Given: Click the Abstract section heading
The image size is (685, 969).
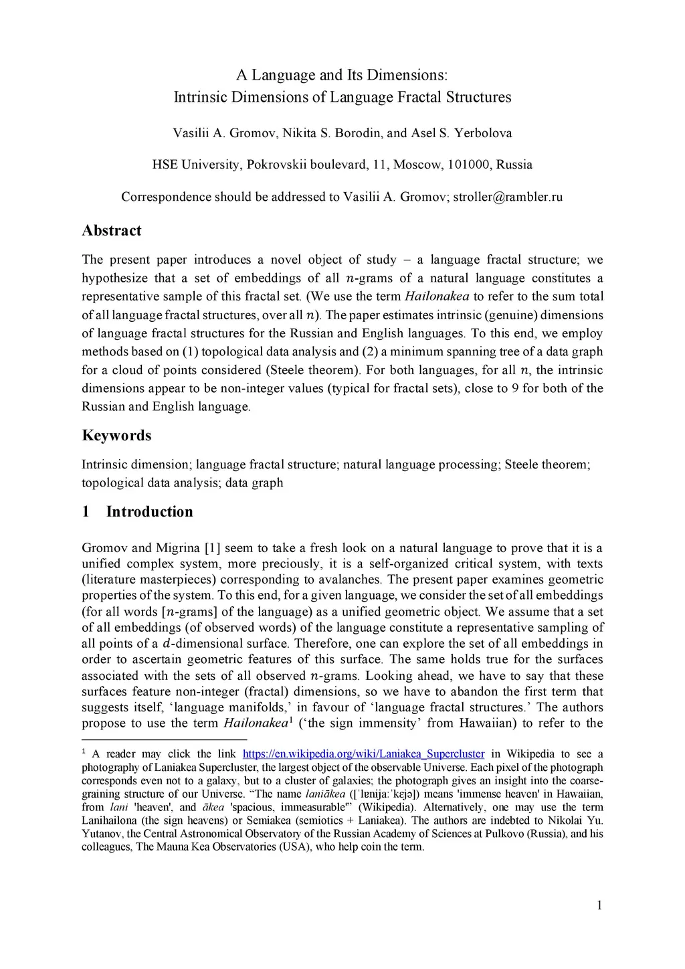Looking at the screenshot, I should click(x=111, y=231).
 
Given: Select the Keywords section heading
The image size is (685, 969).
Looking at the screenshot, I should click(x=116, y=436).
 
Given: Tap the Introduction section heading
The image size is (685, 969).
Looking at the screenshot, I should click(x=149, y=512).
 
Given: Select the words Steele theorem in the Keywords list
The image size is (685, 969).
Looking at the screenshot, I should click(x=543, y=464).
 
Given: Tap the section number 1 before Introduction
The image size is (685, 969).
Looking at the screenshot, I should click(x=86, y=512).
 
